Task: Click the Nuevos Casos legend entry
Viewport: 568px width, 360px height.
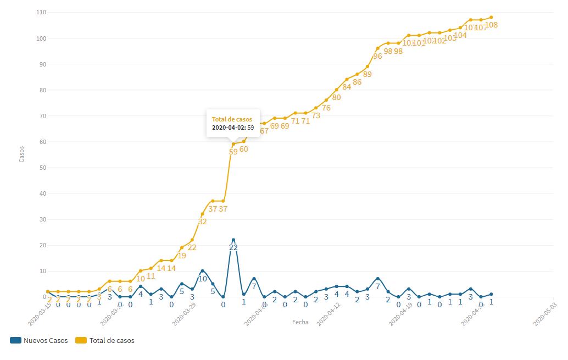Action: pyautogui.click(x=39, y=340)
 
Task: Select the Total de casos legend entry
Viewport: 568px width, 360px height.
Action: pyautogui.click(x=105, y=340)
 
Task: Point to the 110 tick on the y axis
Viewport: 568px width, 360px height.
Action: pyautogui.click(x=41, y=12)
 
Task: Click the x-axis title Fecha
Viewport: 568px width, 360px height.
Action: pyautogui.click(x=300, y=322)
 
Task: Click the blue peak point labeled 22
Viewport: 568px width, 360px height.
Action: pyautogui.click(x=233, y=240)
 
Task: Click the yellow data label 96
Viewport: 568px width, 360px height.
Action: pyautogui.click(x=377, y=56)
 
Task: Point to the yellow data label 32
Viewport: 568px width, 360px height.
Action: pyautogui.click(x=202, y=221)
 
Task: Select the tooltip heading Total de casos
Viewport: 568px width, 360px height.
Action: pyautogui.click(x=232, y=119)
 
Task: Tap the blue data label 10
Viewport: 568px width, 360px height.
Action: pyautogui.click(x=202, y=279)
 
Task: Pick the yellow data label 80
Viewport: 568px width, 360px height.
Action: pyautogui.click(x=336, y=97)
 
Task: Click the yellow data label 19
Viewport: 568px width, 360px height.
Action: pyautogui.click(x=181, y=255)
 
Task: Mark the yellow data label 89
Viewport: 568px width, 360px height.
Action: pyautogui.click(x=367, y=74)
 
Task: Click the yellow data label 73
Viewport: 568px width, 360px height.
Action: pyautogui.click(x=316, y=115)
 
